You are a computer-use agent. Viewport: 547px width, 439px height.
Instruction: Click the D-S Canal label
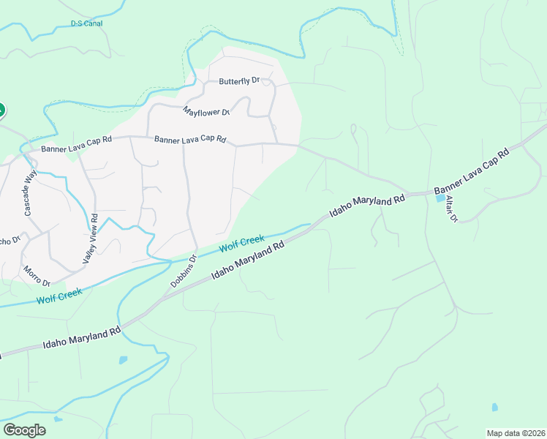(x=86, y=23)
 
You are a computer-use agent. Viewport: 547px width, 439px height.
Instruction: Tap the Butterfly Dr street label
(x=240, y=81)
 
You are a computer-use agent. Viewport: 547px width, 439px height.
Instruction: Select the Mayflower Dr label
(x=207, y=112)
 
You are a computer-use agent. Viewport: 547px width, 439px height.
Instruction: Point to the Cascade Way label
(x=30, y=192)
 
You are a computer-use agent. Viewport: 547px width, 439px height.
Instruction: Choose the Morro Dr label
(x=36, y=277)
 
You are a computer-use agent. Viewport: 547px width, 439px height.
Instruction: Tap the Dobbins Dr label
(x=182, y=269)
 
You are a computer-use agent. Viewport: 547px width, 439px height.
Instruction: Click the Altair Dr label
(x=450, y=209)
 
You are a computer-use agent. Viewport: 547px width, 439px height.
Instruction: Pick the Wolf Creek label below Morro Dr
(x=60, y=296)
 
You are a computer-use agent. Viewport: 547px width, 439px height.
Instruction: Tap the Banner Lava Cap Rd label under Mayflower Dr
(x=190, y=139)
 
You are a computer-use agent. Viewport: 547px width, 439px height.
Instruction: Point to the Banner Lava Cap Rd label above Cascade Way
(x=76, y=149)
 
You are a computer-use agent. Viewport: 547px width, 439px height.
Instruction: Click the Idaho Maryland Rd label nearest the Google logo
(x=82, y=338)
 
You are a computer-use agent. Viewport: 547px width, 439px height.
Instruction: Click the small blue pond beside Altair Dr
(x=440, y=198)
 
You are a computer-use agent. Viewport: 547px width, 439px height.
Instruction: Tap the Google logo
(x=24, y=430)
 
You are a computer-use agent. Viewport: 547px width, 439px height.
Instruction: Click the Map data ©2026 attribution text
(x=516, y=433)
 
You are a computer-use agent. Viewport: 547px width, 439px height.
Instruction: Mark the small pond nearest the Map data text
(x=495, y=407)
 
